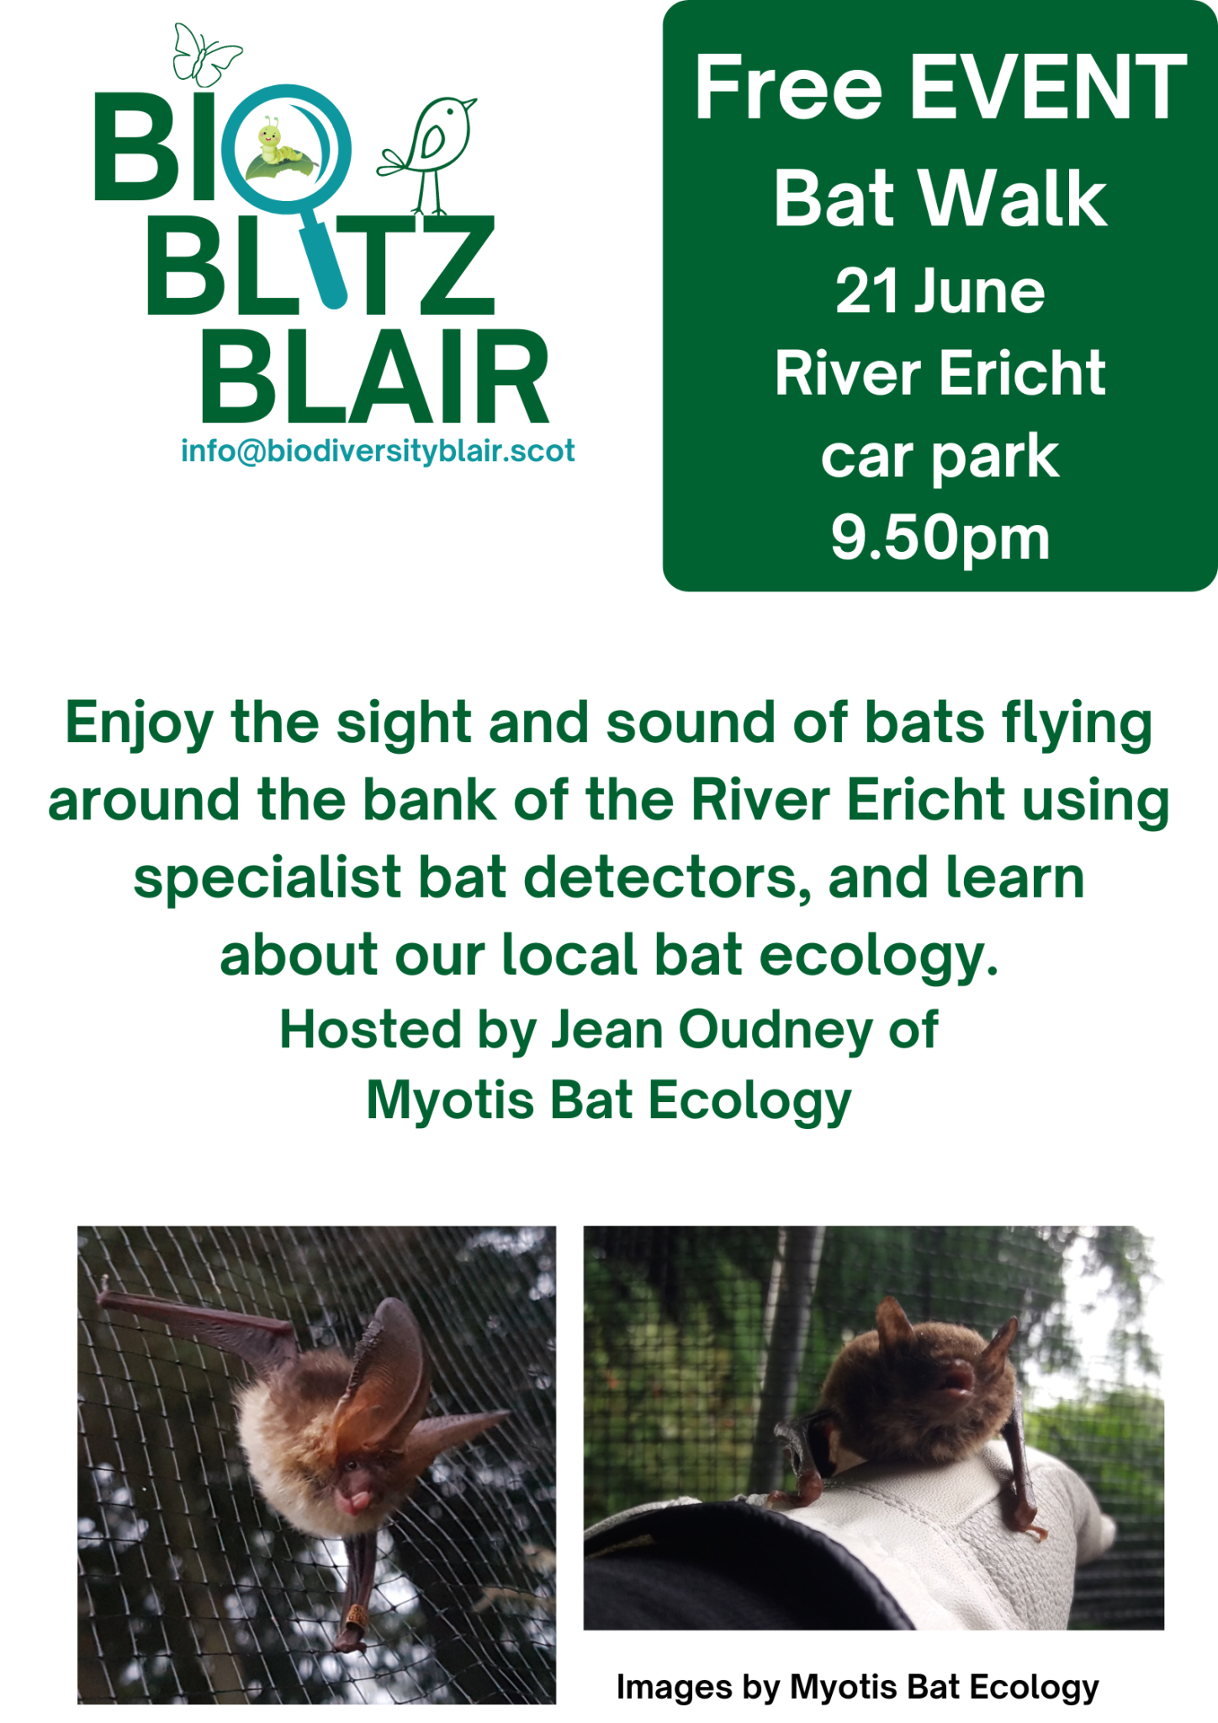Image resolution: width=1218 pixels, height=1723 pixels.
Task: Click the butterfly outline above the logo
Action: pyautogui.click(x=204, y=56)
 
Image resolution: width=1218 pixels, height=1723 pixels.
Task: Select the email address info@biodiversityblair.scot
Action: pyautogui.click(x=378, y=452)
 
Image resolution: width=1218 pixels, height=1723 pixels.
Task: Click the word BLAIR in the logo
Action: pyautogui.click(x=375, y=377)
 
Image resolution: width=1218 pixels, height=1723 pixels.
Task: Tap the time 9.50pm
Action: pyautogui.click(x=940, y=538)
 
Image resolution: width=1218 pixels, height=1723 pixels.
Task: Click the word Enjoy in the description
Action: pyautogui.click(x=139, y=724)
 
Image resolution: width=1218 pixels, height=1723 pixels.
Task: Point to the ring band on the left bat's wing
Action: pyautogui.click(x=357, y=1614)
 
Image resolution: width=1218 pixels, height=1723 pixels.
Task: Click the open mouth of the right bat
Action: pyautogui.click(x=958, y=1381)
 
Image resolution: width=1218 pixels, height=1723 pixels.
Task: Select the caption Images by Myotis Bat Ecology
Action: pyautogui.click(x=857, y=1686)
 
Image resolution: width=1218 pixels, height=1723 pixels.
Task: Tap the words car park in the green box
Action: pyautogui.click(x=940, y=457)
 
